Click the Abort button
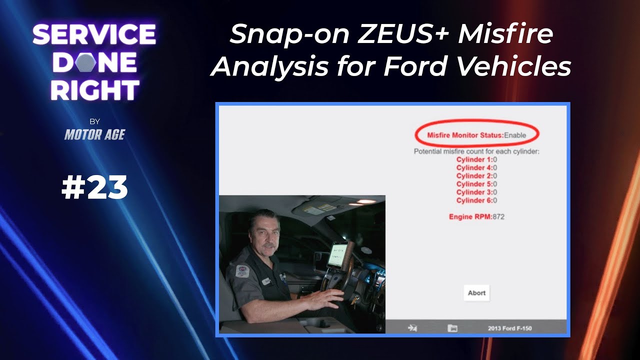click(476, 293)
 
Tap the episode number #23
click(94, 188)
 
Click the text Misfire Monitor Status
click(464, 135)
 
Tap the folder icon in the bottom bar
click(452, 328)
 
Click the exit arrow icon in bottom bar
click(412, 328)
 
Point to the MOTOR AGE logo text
click(94, 134)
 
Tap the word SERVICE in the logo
click(94, 35)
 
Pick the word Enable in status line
click(515, 135)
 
